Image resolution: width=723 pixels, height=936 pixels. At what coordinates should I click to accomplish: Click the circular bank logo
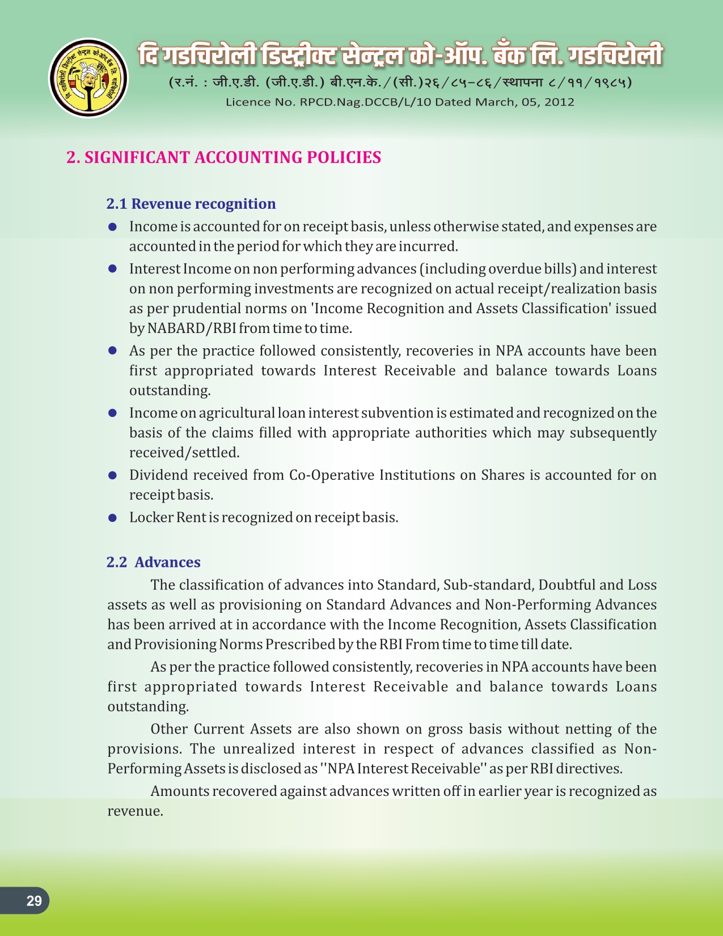pos(88,78)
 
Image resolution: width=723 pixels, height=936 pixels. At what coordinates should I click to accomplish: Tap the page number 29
pos(34,900)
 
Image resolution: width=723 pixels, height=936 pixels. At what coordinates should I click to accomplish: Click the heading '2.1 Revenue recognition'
pos(191,204)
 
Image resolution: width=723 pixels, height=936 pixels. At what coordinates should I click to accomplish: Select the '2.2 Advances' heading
pos(154,562)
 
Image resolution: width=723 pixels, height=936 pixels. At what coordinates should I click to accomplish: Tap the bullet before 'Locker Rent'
pos(112,518)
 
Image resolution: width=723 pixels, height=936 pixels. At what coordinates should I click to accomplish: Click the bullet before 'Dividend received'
pos(112,475)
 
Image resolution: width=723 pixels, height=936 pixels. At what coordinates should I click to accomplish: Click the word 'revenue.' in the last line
pos(136,811)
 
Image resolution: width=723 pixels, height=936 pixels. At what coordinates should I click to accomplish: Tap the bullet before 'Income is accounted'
pos(112,227)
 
